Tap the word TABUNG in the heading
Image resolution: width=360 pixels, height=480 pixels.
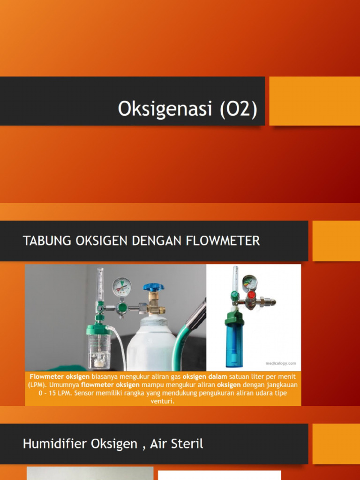pos(43,241)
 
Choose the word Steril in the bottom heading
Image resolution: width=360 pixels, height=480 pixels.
pos(187,443)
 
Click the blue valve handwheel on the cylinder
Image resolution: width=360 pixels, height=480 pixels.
pos(154,286)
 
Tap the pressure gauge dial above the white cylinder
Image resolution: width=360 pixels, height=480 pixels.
pos(121,287)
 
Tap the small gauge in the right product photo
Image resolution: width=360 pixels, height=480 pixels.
pos(249,282)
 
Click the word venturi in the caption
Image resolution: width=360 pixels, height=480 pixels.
pos(163,401)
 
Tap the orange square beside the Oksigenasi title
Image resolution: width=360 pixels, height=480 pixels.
pos(314,101)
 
